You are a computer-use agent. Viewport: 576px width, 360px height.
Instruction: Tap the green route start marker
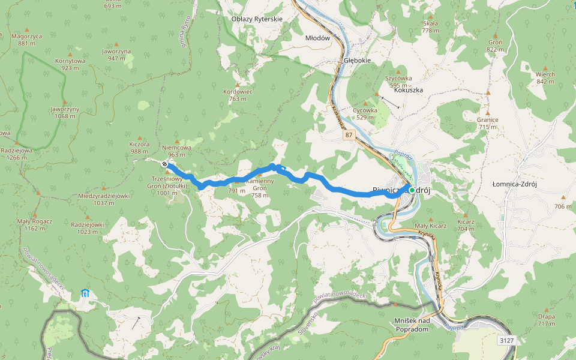pos(412,190)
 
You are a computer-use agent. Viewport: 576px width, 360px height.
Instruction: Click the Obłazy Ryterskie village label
pos(257,19)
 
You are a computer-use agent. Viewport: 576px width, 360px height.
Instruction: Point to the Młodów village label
pos(318,38)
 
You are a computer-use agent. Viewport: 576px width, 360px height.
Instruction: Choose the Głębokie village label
pos(358,61)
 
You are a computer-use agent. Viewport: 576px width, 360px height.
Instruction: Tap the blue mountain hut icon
pos(85,293)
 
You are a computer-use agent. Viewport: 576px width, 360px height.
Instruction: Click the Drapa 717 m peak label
pos(546,319)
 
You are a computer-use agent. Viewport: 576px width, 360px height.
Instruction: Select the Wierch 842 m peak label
pos(545,77)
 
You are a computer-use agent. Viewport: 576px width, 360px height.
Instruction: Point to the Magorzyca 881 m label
pos(26,39)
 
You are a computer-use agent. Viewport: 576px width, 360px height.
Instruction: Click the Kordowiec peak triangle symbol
pos(238,85)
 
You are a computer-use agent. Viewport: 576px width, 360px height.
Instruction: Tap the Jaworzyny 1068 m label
pos(65,112)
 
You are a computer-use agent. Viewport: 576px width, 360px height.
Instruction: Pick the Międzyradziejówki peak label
pos(104,199)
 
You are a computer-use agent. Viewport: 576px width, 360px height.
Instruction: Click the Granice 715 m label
pos(488,123)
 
